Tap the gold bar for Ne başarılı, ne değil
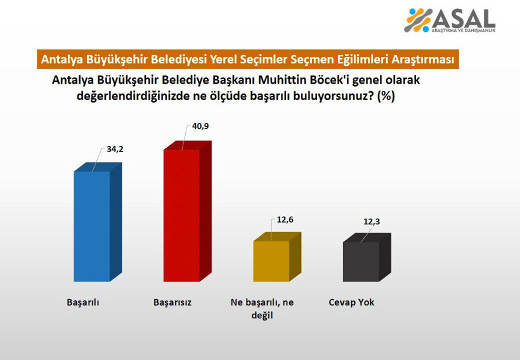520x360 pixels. pyautogui.click(x=271, y=261)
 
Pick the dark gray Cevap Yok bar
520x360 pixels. pyautogui.click(x=361, y=261)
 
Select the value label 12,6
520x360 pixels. pyautogui.click(x=285, y=220)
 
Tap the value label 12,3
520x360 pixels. pyautogui.click(x=372, y=222)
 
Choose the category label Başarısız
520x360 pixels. pyautogui.click(x=172, y=302)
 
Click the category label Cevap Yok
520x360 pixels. pyautogui.click(x=351, y=302)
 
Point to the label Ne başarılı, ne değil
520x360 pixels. pyautogui.click(x=262, y=309)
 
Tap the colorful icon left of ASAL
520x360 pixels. pyautogui.click(x=419, y=20)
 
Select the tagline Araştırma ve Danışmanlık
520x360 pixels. pyautogui.click(x=464, y=30)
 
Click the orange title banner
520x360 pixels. pyautogui.click(x=247, y=59)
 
